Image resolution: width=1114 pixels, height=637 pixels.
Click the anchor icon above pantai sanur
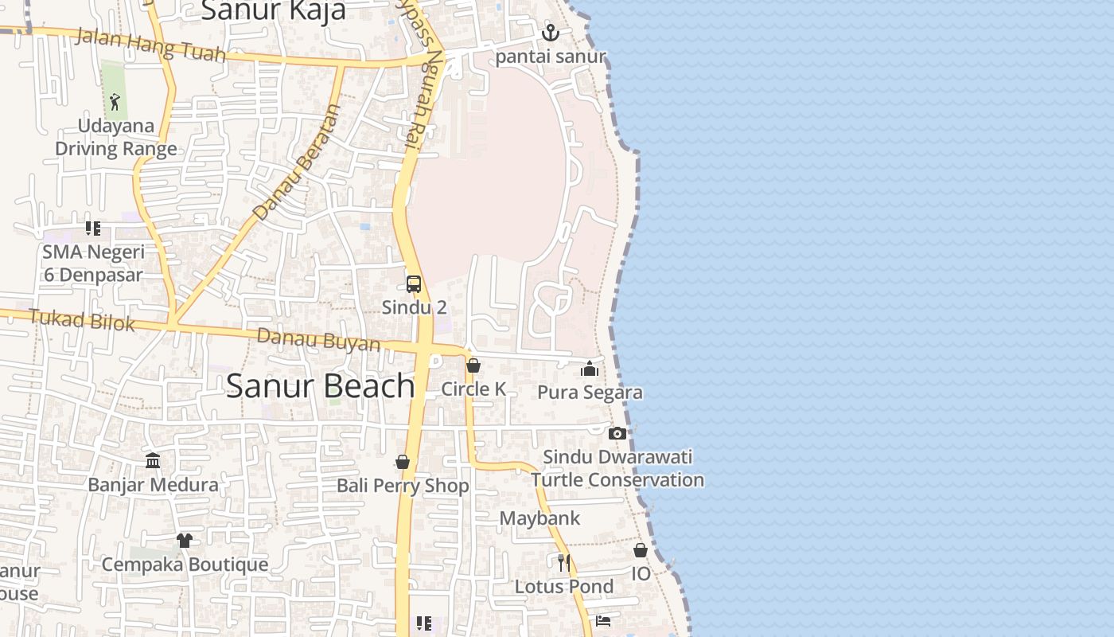tap(550, 33)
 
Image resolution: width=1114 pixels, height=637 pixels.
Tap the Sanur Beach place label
tap(320, 386)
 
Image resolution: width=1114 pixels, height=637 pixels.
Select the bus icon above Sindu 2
tap(414, 283)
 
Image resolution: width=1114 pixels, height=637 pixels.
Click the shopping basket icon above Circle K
tap(473, 365)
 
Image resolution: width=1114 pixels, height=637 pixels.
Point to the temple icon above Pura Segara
tap(590, 369)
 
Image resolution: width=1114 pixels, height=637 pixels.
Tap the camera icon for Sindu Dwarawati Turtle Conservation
tap(617, 433)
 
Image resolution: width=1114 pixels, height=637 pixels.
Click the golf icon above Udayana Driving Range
tap(115, 102)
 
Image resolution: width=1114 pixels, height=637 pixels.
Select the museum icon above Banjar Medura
tap(153, 461)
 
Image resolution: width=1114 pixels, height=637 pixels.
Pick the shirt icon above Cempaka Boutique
tap(185, 541)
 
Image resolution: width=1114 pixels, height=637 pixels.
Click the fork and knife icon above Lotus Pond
tap(564, 563)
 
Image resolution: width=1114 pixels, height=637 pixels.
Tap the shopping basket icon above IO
tap(641, 550)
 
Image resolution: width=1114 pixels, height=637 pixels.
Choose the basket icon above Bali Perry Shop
tap(403, 463)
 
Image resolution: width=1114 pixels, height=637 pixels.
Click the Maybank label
tap(539, 518)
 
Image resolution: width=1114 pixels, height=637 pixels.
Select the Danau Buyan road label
tap(318, 340)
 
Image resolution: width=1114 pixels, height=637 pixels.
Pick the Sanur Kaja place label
tap(273, 11)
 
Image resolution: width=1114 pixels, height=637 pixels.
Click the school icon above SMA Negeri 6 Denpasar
tap(93, 229)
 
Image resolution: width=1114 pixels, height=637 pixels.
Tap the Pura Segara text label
tap(590, 393)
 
